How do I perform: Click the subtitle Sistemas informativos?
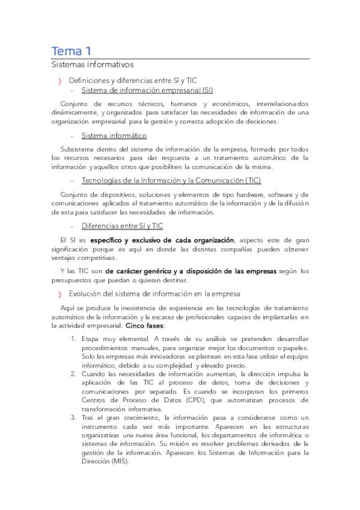point(92,64)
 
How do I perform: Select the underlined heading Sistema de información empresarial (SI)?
point(147,91)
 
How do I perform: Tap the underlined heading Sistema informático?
point(114,136)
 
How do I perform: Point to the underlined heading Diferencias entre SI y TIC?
point(122,226)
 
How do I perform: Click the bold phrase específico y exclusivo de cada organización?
point(158,240)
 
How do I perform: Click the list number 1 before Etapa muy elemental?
point(73,339)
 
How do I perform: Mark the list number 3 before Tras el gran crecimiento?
point(73,417)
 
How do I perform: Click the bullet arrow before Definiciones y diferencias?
point(59,80)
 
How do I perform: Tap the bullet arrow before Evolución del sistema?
point(59,294)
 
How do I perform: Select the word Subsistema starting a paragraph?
point(79,149)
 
